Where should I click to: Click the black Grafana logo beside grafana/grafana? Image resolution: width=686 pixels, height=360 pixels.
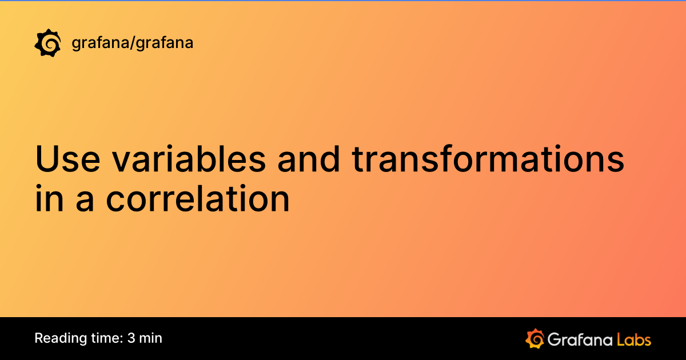[47, 43]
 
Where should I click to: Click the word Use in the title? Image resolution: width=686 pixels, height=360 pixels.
[69, 159]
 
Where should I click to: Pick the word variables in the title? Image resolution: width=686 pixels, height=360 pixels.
[189, 159]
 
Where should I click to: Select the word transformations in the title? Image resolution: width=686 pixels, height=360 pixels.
[488, 159]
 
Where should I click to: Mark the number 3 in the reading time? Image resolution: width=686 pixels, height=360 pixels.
[131, 338]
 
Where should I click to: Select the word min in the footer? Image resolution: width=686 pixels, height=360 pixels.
[151, 338]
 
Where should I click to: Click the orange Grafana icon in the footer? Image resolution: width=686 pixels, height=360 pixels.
[534, 338]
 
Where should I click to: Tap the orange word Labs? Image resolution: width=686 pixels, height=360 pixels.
[633, 339]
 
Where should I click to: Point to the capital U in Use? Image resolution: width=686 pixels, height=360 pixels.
[48, 159]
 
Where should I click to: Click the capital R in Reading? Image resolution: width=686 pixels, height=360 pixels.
[39, 338]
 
